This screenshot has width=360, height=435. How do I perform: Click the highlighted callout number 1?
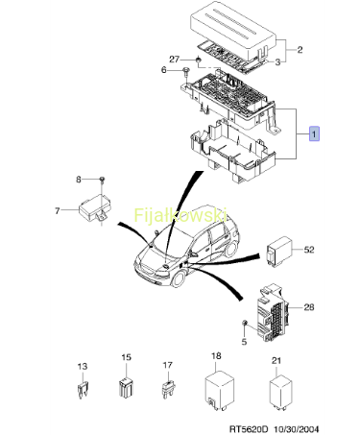(314, 133)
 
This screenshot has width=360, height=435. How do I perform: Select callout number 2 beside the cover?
(300, 50)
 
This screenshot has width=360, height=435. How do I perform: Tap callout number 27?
(175, 60)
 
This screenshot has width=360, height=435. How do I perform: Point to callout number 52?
(309, 250)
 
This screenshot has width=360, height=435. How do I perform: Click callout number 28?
(309, 307)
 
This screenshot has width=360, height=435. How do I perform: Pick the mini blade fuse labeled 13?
(83, 390)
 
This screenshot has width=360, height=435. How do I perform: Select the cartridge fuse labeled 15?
(127, 387)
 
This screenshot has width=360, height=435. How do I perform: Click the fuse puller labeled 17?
(168, 389)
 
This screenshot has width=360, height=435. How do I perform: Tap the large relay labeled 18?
(219, 391)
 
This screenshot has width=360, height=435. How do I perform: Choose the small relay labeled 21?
(280, 393)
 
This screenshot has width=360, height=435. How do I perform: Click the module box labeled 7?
(95, 207)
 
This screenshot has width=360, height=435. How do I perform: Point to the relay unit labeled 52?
(279, 252)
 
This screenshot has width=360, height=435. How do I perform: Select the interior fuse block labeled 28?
(273, 312)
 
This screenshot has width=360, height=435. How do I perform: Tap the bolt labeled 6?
(185, 72)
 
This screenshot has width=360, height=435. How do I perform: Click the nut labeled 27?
(199, 60)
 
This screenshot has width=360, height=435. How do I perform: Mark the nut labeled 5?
(245, 323)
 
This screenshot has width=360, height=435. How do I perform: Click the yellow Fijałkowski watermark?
(180, 215)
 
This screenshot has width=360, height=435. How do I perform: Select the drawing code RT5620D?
(248, 428)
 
